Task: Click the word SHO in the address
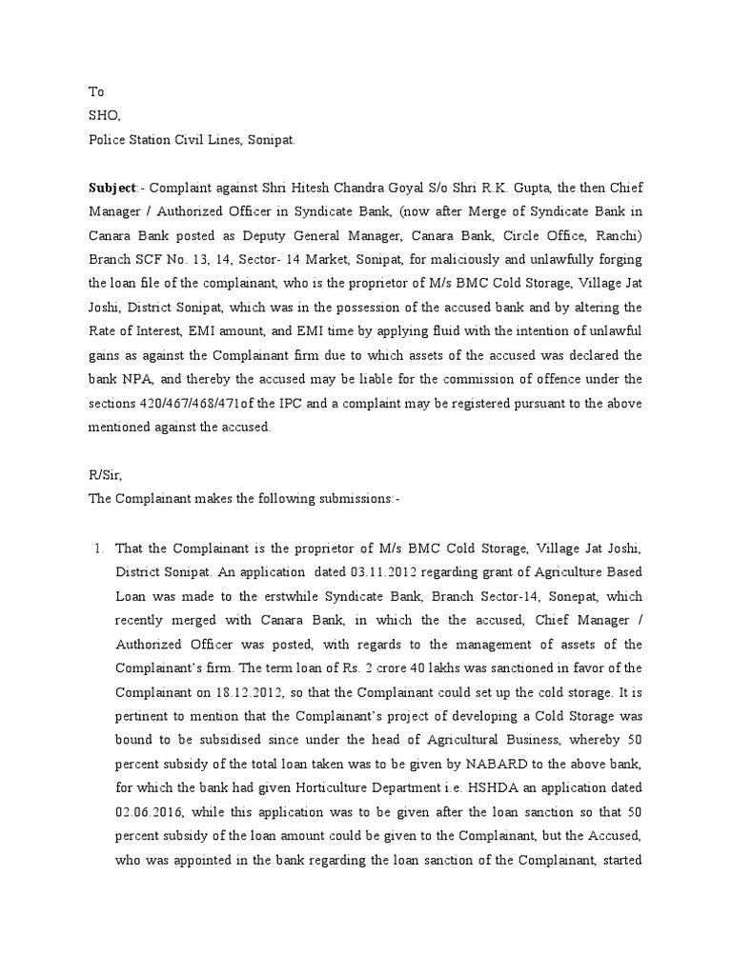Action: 104,115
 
